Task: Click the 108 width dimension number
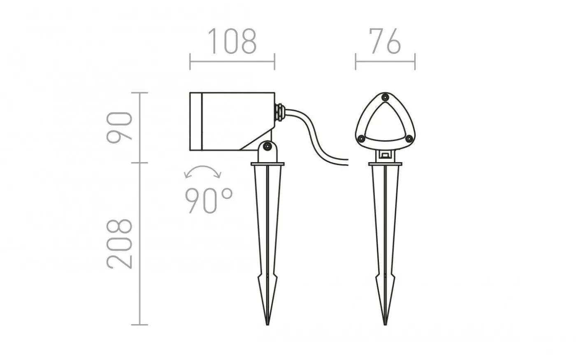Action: (232, 41)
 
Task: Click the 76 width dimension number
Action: (385, 41)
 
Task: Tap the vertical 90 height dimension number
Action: (119, 128)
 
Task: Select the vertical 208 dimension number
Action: (119, 244)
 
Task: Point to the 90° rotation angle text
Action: (209, 201)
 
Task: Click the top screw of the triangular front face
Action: (385, 97)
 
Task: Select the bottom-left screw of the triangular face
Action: (361, 139)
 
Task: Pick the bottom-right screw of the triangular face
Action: (409, 139)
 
